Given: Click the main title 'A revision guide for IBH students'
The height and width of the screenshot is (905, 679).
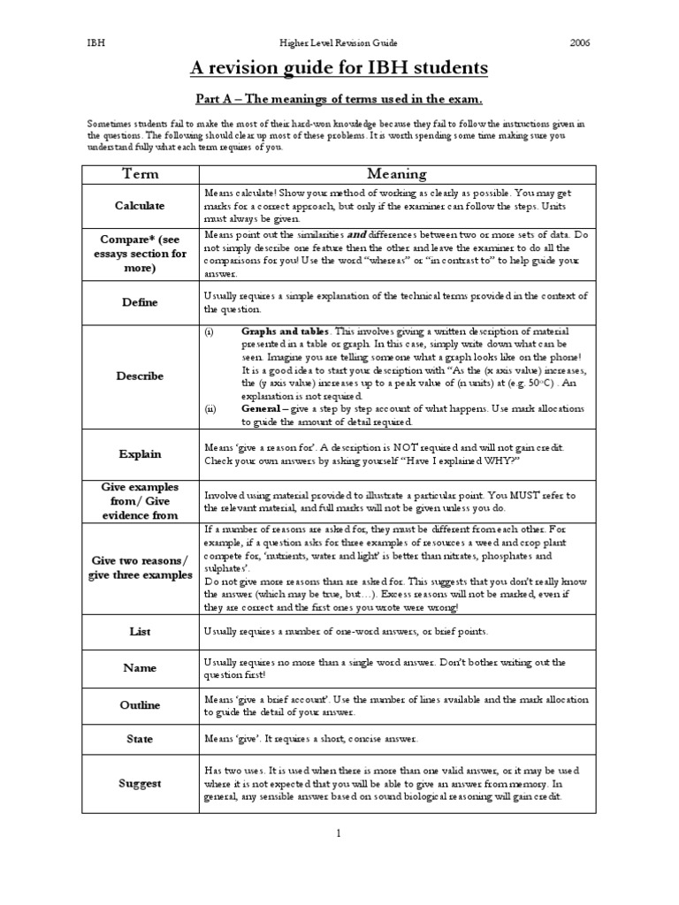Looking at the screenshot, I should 339,68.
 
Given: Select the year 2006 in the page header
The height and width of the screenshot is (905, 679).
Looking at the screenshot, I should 579,41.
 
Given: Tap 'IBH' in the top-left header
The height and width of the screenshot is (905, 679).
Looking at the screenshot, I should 95,41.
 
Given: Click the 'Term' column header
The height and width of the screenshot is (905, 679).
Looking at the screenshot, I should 140,173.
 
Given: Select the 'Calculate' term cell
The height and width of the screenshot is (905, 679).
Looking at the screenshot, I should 140,205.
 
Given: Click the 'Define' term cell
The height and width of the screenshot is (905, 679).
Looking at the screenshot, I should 140,302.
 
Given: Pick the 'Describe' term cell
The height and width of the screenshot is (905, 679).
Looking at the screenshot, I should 140,376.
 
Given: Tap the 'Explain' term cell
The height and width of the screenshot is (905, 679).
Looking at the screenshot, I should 140,453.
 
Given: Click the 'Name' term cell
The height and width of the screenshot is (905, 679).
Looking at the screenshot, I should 140,669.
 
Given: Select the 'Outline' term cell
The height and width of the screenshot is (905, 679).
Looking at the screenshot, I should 140,705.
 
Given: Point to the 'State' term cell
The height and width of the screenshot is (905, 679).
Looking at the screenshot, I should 140,738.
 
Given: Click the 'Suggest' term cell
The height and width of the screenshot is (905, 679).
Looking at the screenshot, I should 140,783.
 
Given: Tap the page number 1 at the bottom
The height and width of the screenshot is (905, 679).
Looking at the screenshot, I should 339,833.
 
